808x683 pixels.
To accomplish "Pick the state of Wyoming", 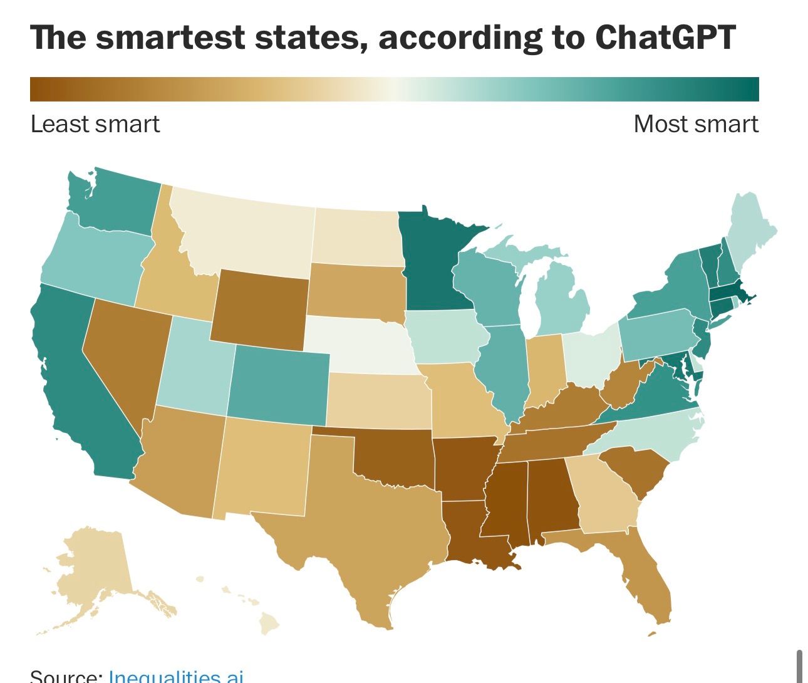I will pos(260,307).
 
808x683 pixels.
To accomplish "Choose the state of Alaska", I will pos(94,570).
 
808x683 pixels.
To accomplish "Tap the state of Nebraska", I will pos(357,345).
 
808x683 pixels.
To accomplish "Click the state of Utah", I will pos(194,370).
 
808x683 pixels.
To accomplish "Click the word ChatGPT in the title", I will pos(665,38).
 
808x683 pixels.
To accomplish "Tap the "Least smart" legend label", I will pos(95,124).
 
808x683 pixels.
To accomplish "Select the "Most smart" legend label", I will pos(695,124).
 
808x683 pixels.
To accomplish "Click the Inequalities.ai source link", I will pos(175,676).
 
